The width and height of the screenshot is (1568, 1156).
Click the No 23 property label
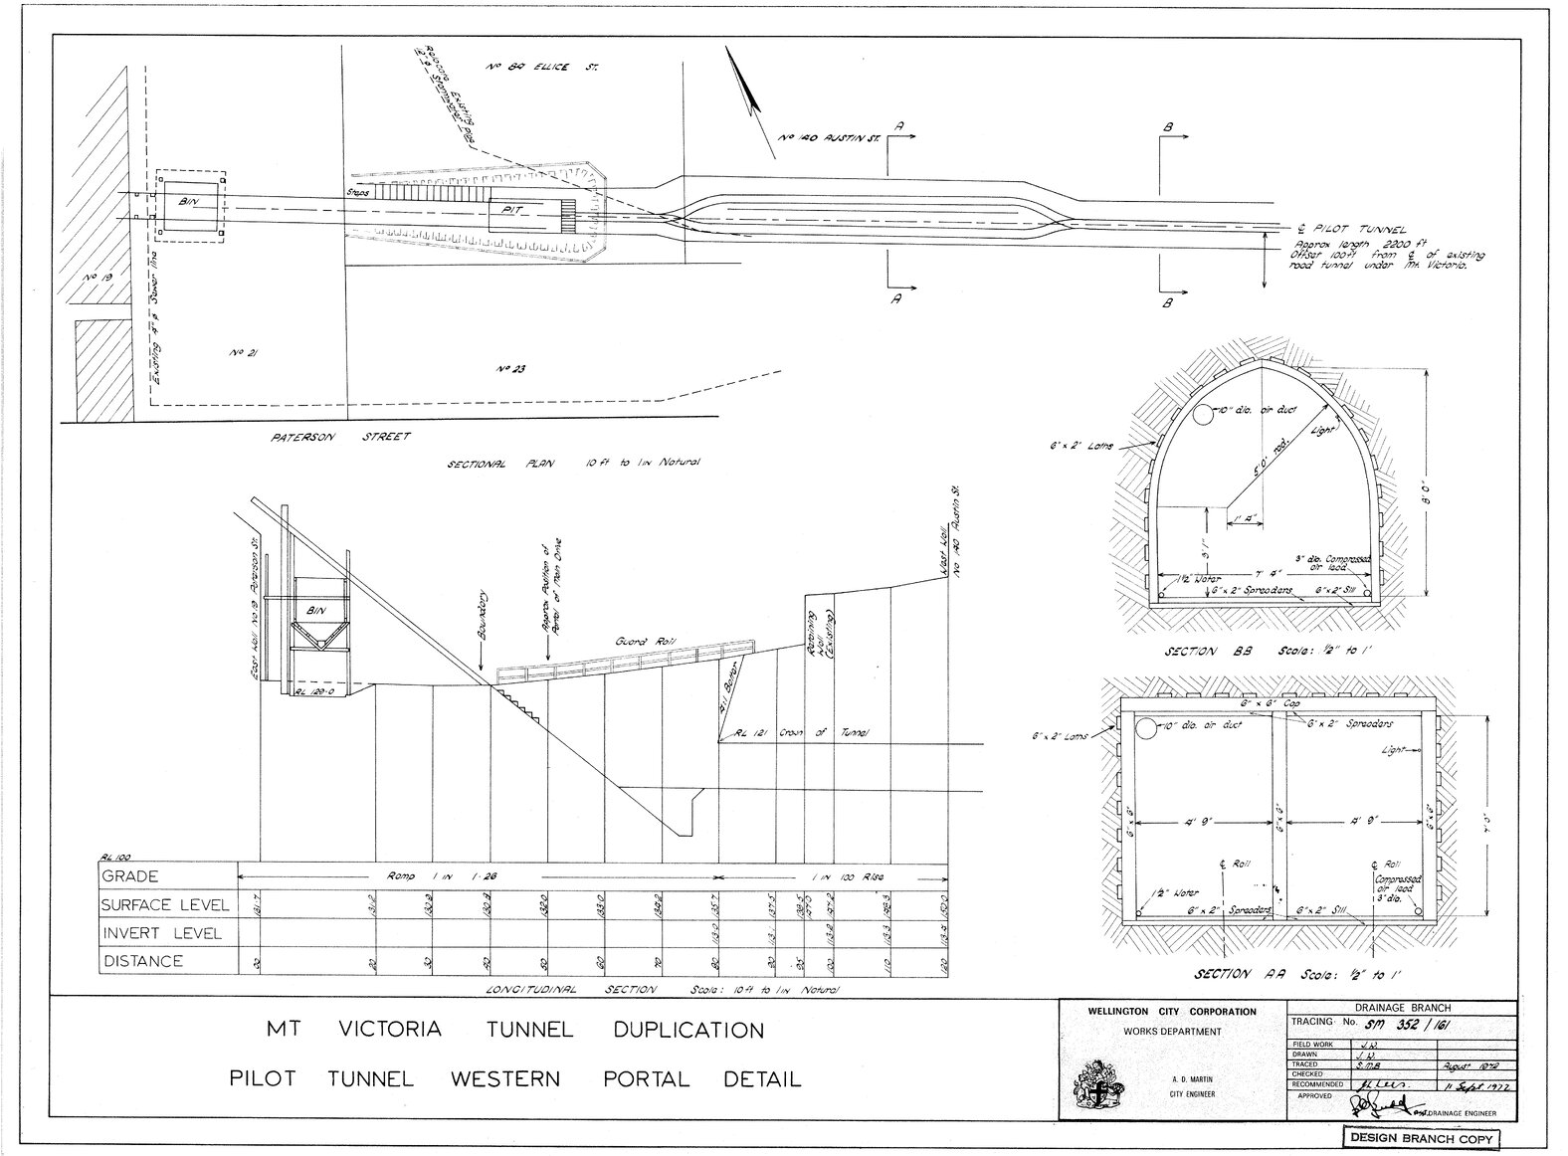pos(510,369)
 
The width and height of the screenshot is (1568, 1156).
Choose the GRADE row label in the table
pos(129,875)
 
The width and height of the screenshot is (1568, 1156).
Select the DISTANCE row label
pos(143,961)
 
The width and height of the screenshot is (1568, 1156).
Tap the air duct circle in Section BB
pos(1206,415)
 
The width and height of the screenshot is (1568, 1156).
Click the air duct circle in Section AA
pos(1147,729)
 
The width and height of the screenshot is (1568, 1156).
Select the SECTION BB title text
pos(1204,652)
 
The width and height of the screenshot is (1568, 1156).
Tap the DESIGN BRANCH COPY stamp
pos(1420,1137)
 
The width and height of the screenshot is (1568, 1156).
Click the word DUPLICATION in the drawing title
pos(688,1030)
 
